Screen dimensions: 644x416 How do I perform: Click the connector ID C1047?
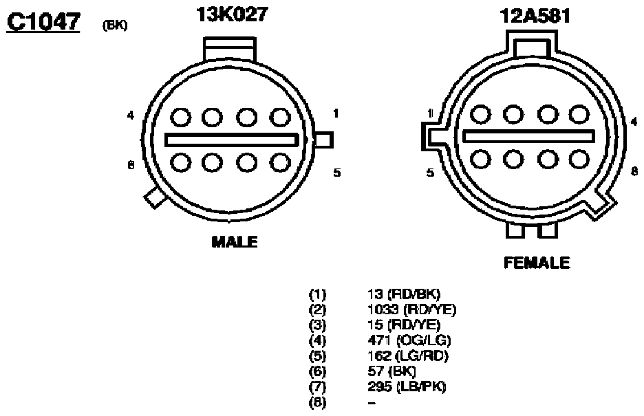click(43, 22)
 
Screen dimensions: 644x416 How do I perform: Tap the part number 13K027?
click(232, 14)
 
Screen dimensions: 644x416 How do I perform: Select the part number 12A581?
click(535, 17)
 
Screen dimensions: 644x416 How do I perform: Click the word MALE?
click(235, 242)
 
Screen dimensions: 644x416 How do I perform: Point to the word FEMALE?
click(537, 263)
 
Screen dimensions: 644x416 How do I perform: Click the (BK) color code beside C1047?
click(115, 26)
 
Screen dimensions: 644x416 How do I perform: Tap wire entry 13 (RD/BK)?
click(404, 294)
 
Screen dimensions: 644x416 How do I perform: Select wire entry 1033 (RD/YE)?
click(412, 309)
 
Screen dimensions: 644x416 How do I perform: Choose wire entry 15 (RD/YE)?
click(404, 325)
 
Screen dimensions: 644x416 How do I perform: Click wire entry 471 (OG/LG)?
click(409, 340)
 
